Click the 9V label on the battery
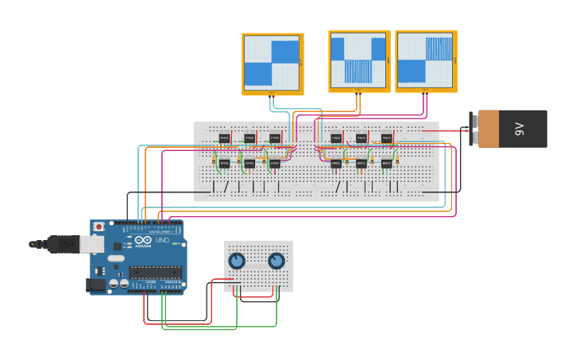pyautogui.click(x=520, y=129)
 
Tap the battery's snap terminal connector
pyautogui.click(x=473, y=129)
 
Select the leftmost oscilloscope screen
pyautogui.click(x=272, y=63)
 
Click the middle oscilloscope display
pyautogui.click(x=358, y=61)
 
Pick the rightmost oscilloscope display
pyautogui.click(x=425, y=61)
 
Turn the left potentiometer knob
pyautogui.click(x=237, y=261)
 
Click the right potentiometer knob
pyautogui.click(x=276, y=261)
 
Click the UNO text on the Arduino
pyautogui.click(x=161, y=240)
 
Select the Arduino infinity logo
pyautogui.click(x=144, y=240)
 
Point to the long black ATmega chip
pyautogui.click(x=155, y=272)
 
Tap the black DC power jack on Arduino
pyautogui.click(x=97, y=285)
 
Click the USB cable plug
pyautogui.click(x=64, y=244)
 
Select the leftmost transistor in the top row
pyautogui.click(x=225, y=138)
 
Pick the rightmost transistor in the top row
pyautogui.click(x=386, y=138)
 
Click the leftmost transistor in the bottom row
pyautogui.click(x=225, y=163)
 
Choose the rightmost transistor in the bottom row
pyautogui.click(x=386, y=163)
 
